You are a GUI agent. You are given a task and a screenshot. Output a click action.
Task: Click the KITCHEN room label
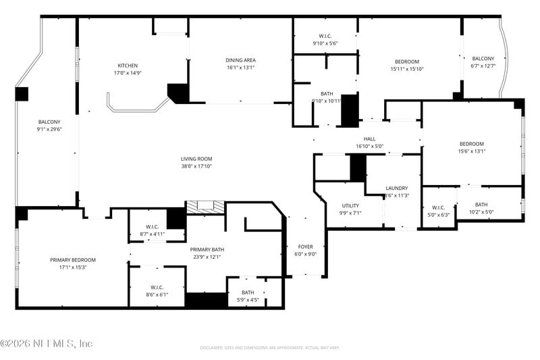(128, 66)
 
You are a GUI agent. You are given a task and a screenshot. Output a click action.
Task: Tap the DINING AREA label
(240, 60)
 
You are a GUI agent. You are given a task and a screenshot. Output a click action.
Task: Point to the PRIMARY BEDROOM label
(72, 259)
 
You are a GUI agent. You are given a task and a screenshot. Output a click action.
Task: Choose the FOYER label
(306, 247)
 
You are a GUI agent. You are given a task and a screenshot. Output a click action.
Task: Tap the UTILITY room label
(350, 205)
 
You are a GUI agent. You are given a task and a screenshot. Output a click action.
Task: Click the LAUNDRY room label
(397, 188)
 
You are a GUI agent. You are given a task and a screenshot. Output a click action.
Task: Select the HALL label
(369, 138)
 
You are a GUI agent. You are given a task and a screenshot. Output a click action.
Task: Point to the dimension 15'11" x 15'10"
(407, 69)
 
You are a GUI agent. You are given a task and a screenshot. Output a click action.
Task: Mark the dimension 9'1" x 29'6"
(49, 129)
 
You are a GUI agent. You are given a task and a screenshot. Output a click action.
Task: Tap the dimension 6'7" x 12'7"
(483, 66)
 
